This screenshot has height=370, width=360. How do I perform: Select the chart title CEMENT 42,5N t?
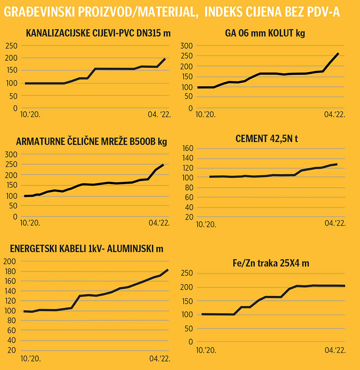pos(267,139)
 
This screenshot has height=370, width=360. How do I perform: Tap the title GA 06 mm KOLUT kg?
pos(266,34)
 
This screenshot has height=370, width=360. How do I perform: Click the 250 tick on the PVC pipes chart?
pos(11,45)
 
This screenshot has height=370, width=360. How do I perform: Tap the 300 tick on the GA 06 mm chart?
pos(186,45)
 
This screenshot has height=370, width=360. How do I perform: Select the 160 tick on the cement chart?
pos(187,148)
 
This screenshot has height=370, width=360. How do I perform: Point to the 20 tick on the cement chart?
pos(189,217)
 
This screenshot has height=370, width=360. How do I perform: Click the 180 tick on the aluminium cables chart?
pos(10,271)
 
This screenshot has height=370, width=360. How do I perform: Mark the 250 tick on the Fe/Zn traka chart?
pos(186,273)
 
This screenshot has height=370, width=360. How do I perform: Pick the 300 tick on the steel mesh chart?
pos(10,154)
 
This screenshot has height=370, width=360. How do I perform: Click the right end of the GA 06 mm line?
pos(338,54)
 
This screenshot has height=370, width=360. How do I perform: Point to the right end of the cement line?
pos(337,164)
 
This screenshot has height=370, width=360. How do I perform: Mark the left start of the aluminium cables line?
pos(24,311)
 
